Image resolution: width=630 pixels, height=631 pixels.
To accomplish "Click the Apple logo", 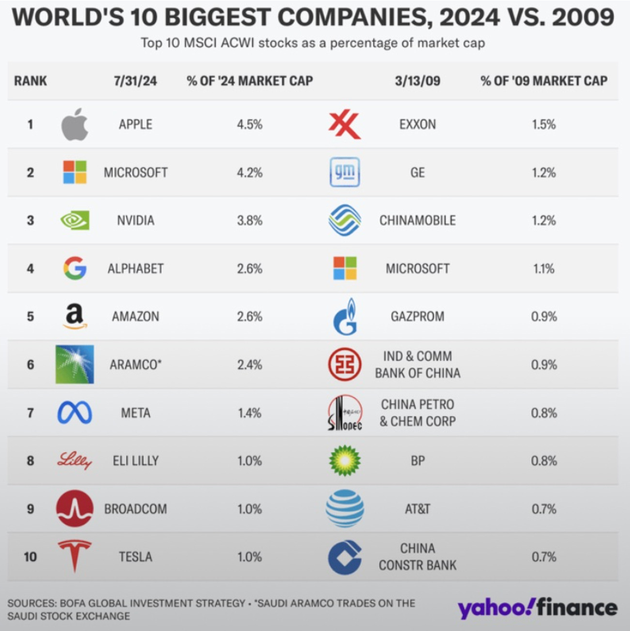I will (75, 124).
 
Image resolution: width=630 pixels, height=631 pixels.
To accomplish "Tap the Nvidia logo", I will (75, 220).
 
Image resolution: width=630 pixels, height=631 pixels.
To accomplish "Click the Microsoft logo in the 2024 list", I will (75, 172).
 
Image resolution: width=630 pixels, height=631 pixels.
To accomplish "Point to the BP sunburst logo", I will (345, 461).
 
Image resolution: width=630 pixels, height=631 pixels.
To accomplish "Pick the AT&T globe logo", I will (345, 508).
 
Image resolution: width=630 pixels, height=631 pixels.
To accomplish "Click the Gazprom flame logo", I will (345, 316).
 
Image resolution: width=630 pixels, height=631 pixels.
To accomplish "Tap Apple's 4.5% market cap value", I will (249, 124).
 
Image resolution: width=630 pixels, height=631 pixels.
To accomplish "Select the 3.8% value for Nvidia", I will (249, 220).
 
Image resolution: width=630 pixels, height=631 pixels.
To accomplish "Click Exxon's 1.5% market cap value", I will (544, 124).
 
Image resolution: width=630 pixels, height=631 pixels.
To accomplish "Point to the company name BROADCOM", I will (136, 509).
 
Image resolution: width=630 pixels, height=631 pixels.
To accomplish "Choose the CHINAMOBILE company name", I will (417, 220).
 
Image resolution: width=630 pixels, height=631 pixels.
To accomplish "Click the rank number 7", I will (30, 413).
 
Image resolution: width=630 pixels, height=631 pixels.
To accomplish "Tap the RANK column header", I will (30, 81).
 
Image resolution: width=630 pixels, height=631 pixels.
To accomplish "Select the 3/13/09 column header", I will (417, 81).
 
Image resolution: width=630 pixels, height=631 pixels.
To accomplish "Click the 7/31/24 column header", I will (136, 81).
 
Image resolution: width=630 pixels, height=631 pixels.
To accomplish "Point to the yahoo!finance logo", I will (537, 608).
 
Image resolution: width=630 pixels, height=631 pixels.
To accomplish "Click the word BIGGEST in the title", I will (219, 18).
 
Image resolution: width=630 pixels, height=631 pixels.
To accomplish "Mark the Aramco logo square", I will (75, 364).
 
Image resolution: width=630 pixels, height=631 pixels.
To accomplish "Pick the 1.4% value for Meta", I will (249, 413).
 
